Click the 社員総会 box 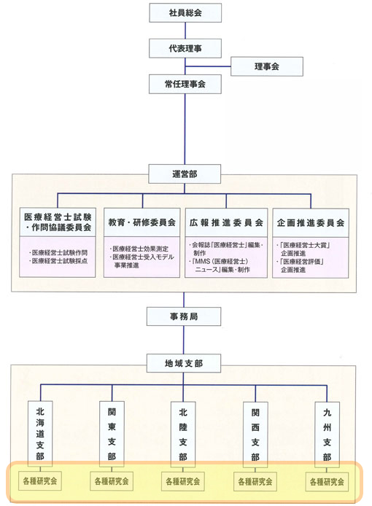pyautogui.click(x=185, y=12)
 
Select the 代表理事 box pyautogui.click(x=185, y=48)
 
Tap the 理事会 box pyautogui.click(x=267, y=66)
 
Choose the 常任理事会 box pyautogui.click(x=185, y=85)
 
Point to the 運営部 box pyautogui.click(x=185, y=174)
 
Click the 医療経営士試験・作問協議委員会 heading pyautogui.click(x=58, y=222)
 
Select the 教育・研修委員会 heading pyautogui.click(x=142, y=222)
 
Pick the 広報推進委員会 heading pyautogui.click(x=226, y=222)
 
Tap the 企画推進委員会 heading pyautogui.click(x=311, y=223)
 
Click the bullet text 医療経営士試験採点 pyautogui.click(x=59, y=261)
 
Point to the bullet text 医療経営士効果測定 pyautogui.click(x=141, y=249)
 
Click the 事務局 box pyautogui.click(x=184, y=316)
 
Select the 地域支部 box pyautogui.click(x=184, y=363)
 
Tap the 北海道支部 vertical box pyautogui.click(x=40, y=434)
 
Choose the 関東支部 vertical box pyautogui.click(x=112, y=434)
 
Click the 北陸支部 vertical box pyautogui.click(x=183, y=435)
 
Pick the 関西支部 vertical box pyautogui.click(x=255, y=435)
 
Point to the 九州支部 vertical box pyautogui.click(x=327, y=435)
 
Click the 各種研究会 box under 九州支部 pyautogui.click(x=327, y=482)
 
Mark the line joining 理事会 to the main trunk pyautogui.click(x=208, y=66)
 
